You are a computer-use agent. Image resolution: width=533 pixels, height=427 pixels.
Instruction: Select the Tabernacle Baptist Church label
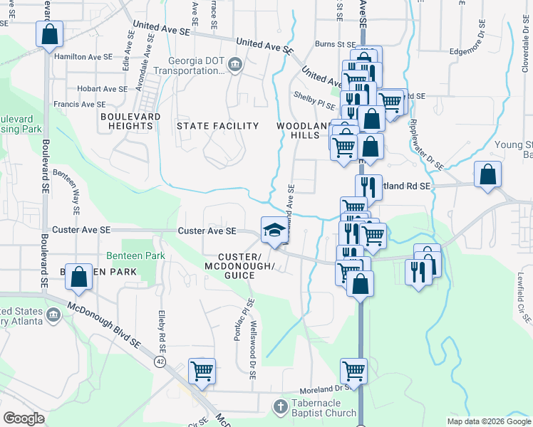[x=324, y=408]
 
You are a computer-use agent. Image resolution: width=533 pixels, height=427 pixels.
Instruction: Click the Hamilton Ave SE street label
[x=83, y=56]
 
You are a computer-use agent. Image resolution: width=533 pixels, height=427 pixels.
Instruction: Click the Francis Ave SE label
[x=79, y=104]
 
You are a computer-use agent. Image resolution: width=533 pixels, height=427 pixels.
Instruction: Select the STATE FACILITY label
[x=217, y=126]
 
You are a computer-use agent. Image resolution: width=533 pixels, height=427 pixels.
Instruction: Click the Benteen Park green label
[x=135, y=255]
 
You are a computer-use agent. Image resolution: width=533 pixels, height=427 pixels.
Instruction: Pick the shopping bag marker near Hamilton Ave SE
[x=49, y=34]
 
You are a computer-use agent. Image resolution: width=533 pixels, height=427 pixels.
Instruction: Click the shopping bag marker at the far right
[x=487, y=174]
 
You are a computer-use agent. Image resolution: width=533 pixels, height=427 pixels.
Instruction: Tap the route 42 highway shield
[x=160, y=362]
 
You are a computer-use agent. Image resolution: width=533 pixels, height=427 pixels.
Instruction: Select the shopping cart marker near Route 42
[x=202, y=371]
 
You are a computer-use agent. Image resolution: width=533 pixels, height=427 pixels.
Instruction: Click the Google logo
[x=24, y=418]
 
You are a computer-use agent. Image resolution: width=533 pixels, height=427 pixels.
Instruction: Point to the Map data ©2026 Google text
[x=489, y=421]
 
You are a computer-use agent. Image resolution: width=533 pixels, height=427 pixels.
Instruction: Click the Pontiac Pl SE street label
[x=242, y=320]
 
